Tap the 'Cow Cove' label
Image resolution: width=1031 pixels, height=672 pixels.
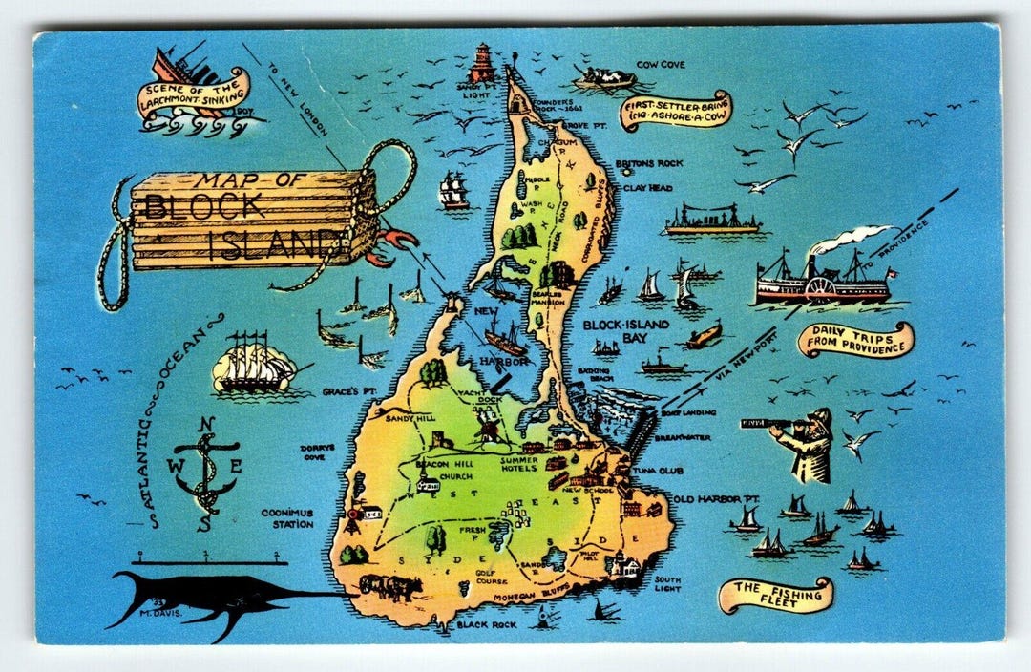click(x=669, y=64)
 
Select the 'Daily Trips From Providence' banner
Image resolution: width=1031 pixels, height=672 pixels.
click(x=856, y=340)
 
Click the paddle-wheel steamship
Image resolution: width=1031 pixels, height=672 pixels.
click(x=821, y=279)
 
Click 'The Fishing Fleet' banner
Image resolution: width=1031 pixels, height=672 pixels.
click(x=775, y=595)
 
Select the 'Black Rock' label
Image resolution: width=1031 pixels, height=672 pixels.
click(x=486, y=625)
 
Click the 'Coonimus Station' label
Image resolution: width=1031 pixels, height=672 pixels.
click(x=287, y=518)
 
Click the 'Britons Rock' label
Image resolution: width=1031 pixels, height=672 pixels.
click(x=648, y=163)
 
